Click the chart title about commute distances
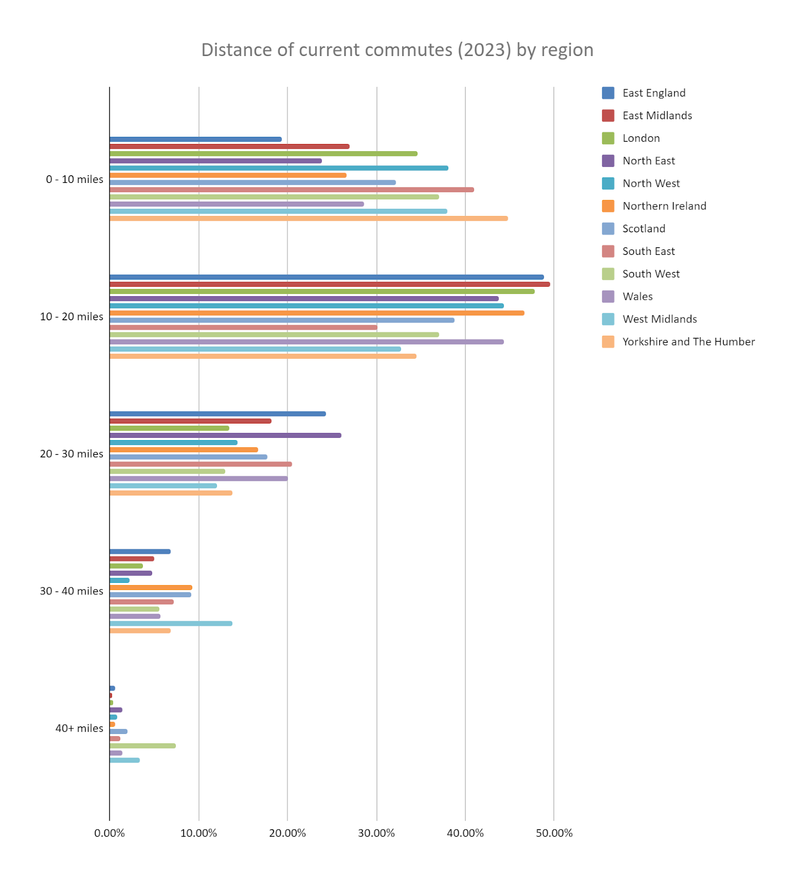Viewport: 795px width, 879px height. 397,50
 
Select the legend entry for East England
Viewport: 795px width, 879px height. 653,93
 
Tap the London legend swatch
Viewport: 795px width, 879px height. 608,138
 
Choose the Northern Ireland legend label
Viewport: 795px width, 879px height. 664,206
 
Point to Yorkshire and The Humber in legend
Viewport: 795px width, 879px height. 688,342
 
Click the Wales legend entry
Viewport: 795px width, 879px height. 637,297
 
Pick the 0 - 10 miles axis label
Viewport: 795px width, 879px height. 74,180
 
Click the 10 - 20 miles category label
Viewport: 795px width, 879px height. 71,317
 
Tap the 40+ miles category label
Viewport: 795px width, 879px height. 79,728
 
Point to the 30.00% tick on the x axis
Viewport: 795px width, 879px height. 376,833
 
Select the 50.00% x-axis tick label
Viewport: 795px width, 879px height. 554,833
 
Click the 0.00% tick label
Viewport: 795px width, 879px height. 109,833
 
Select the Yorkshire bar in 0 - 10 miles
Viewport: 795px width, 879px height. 308,219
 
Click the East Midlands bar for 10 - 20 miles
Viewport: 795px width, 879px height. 330,285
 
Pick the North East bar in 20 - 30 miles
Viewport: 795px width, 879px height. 225,436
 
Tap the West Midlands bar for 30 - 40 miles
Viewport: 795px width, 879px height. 171,624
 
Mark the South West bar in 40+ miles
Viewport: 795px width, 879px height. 143,746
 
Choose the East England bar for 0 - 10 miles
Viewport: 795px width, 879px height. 196,140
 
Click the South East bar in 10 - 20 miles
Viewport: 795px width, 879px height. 243,327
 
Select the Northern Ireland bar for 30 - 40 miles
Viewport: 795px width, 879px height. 151,588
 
